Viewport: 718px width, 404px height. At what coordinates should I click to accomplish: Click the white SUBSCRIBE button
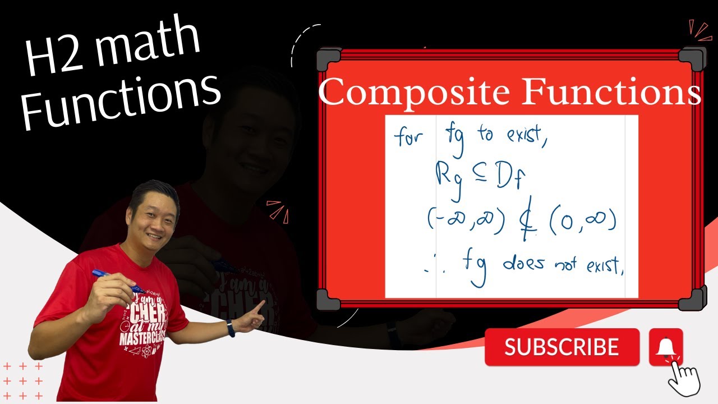[x=561, y=347]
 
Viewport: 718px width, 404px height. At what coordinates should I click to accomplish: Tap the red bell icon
[x=666, y=346]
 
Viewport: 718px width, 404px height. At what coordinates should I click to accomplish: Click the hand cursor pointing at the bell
[x=683, y=377]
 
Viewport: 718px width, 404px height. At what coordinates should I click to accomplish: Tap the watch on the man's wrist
[x=231, y=328]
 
